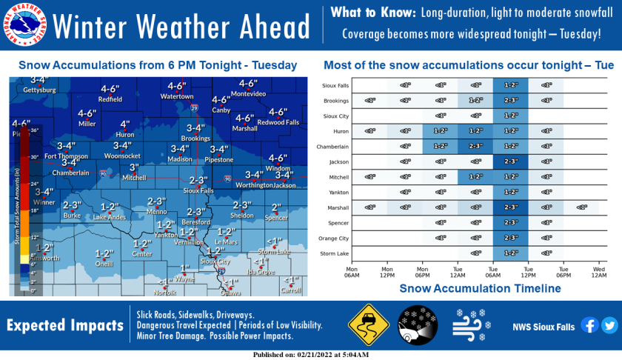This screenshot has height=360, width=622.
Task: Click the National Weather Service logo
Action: point(25,25)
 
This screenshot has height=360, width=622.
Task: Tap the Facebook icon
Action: point(590,325)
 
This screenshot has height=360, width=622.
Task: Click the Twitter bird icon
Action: point(609,325)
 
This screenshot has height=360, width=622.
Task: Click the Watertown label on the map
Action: point(177,96)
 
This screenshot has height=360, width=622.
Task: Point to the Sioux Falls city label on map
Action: point(198,190)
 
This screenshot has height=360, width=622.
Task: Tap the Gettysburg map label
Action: point(39,90)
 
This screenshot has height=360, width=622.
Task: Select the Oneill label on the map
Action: point(104,263)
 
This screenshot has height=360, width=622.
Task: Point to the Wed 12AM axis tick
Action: point(598,270)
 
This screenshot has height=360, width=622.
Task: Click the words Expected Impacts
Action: point(65,326)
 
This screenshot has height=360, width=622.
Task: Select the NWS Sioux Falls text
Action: point(544,326)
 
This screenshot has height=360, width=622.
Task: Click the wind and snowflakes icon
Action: point(469,325)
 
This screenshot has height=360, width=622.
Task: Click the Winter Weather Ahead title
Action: point(181,27)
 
